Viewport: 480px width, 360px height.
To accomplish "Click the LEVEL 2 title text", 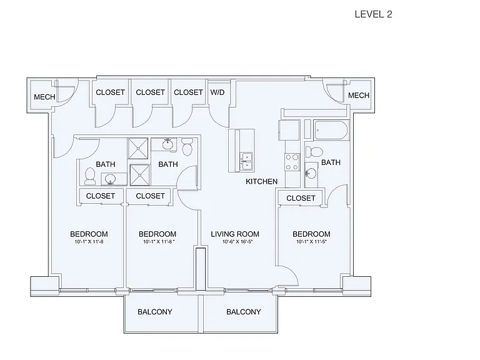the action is [373, 14].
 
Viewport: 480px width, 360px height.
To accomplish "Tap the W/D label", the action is [217, 92].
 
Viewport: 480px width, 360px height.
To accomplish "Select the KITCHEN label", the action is [261, 181].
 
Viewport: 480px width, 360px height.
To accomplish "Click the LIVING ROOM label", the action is [235, 234].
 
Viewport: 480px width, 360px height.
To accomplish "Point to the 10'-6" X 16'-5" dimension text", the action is [237, 242].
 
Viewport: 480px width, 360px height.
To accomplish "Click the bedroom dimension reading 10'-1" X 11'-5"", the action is [311, 242].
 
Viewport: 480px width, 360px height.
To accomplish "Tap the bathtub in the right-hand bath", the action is [331, 130].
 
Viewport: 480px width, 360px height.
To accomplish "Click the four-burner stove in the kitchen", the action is [292, 162].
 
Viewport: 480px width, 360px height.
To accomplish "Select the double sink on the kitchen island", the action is [246, 161].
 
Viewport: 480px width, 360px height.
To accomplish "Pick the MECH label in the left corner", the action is [44, 97].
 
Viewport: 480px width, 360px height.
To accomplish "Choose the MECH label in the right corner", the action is [359, 96].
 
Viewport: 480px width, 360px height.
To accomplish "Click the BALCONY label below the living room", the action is [243, 312].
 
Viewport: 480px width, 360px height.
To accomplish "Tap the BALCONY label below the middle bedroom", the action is [154, 312].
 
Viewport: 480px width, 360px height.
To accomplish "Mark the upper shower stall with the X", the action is [138, 149].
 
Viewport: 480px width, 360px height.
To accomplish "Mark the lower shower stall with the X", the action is [140, 175].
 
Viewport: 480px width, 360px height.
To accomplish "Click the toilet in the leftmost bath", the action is [90, 176].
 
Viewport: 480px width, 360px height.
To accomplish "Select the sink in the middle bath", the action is [167, 144].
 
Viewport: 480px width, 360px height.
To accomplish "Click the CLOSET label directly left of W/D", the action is [188, 92].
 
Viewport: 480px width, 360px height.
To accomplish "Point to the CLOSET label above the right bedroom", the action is [301, 198].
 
